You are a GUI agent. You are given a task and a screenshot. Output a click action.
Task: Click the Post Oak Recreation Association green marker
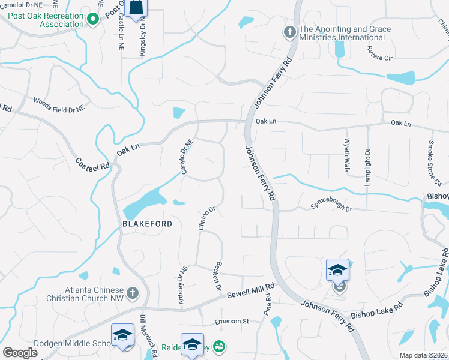pyautogui.click(x=92, y=19)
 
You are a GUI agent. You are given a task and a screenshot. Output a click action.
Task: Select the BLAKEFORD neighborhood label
pyautogui.click(x=148, y=224)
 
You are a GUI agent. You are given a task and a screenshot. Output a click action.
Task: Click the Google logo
pyautogui.click(x=20, y=353)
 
